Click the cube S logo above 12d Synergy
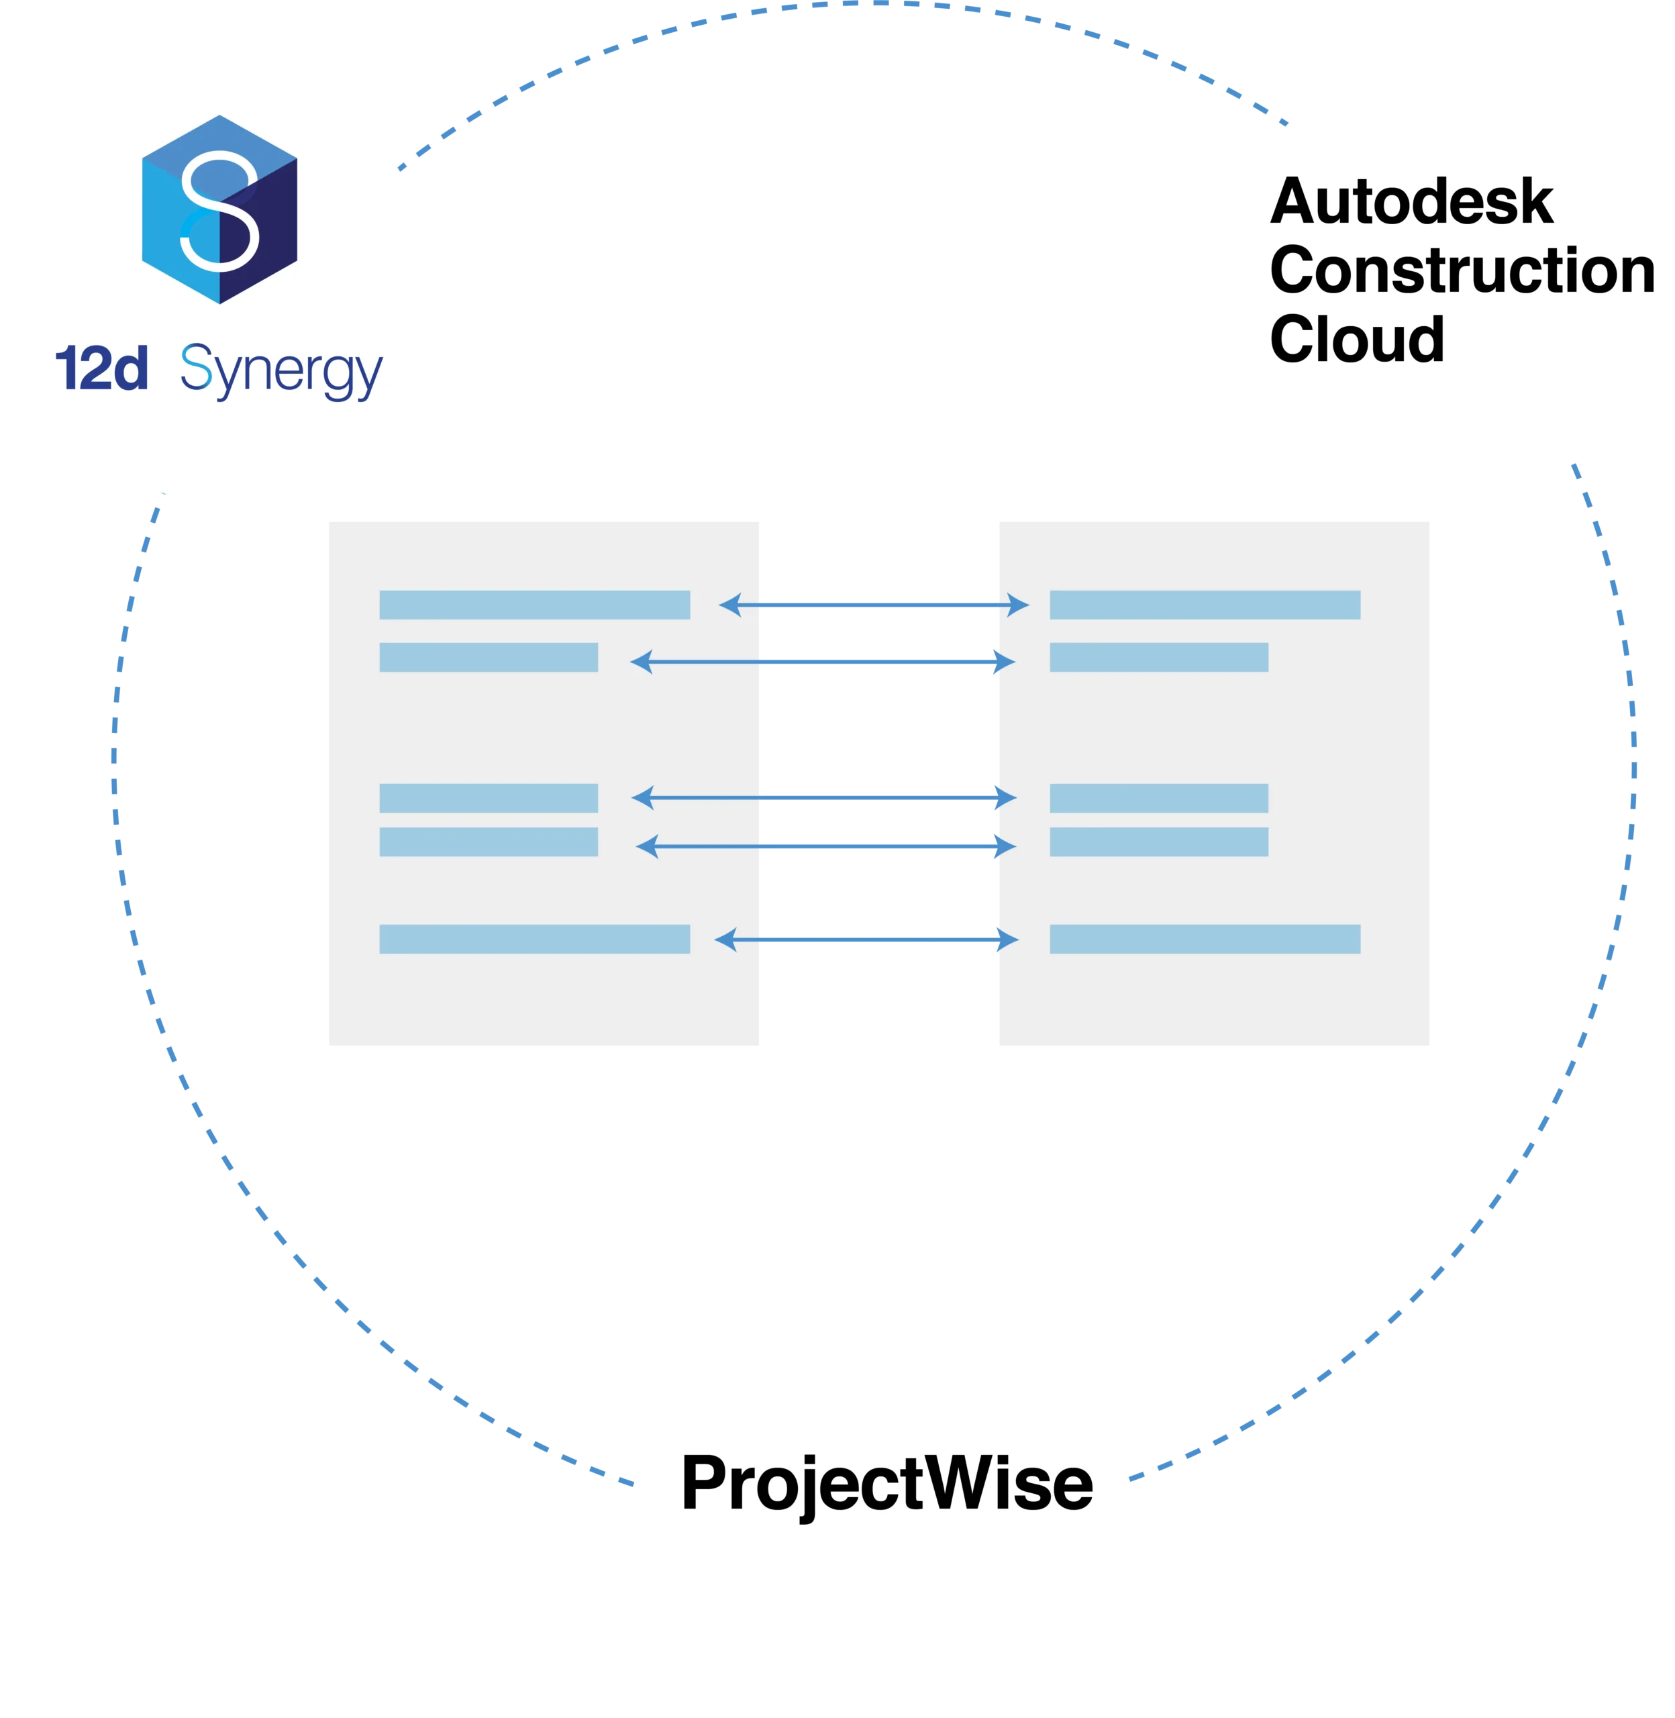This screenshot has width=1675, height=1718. pos(219,209)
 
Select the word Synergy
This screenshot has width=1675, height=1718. pos(281,370)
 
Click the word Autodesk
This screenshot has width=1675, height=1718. pos(1411,202)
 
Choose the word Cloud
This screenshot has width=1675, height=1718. pos(1356,340)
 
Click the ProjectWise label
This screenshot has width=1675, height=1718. pos(886,1482)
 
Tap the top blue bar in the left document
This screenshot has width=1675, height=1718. pos(534,605)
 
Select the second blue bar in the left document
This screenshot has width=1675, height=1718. pos(489,657)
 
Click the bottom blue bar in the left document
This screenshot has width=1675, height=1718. pos(534,939)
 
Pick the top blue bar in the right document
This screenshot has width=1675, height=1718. pos(1205,605)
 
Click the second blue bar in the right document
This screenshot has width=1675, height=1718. pos(1158,657)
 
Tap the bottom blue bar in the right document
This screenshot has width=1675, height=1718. pos(1205,939)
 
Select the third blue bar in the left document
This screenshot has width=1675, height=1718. pos(489,798)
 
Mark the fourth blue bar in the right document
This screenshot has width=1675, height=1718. pos(1158,842)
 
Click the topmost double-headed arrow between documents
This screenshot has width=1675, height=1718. pos(874,605)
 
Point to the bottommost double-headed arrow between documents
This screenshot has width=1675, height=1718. pos(866,940)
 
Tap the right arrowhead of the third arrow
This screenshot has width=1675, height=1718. pos(1005,798)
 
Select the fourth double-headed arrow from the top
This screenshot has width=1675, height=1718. pos(826,846)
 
